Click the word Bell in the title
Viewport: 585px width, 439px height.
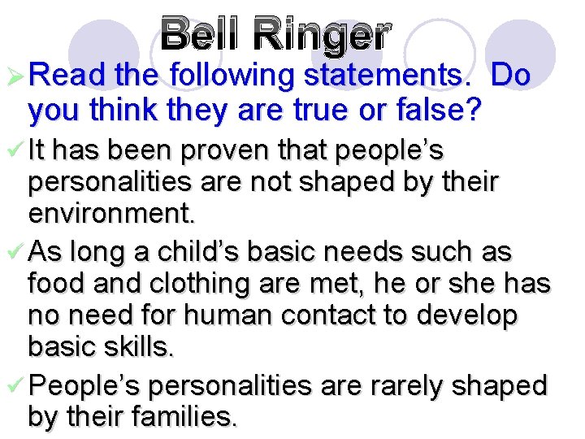click(201, 33)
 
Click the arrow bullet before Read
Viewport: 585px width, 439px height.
click(14, 76)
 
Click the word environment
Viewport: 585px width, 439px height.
click(112, 215)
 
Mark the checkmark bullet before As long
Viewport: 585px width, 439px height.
click(14, 252)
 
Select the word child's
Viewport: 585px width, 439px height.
click(188, 252)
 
